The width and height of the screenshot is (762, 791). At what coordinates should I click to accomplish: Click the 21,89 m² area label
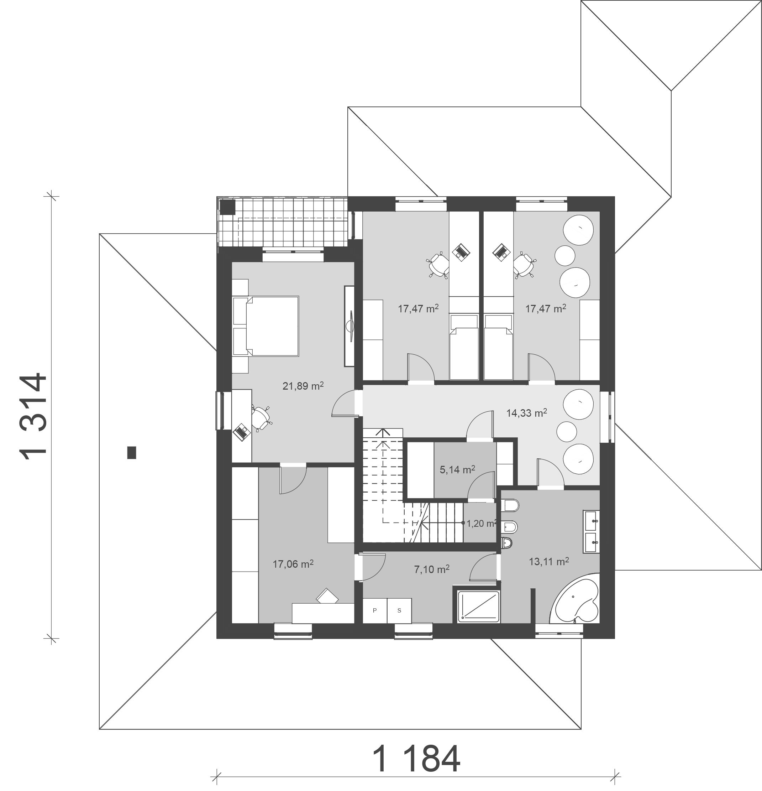point(303,386)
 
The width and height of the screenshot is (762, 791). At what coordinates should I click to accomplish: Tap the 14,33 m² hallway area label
point(526,413)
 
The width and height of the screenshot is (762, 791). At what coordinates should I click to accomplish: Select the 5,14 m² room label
point(457,469)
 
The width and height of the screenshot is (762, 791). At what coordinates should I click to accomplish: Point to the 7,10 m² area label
point(432,569)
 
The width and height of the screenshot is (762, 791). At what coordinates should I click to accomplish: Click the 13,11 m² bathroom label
point(548,561)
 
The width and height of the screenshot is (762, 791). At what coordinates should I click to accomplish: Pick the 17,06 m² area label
point(293,564)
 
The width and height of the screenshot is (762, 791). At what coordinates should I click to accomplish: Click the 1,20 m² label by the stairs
point(481,524)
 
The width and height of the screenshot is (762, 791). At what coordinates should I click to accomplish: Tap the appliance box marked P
point(375,610)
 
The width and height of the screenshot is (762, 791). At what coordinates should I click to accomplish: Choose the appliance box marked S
point(399,610)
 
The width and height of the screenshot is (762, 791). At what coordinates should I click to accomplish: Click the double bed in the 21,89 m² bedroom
point(266,326)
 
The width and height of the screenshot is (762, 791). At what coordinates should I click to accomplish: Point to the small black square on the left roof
point(131,452)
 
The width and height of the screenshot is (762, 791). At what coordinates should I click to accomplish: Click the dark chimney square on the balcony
point(227,207)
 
